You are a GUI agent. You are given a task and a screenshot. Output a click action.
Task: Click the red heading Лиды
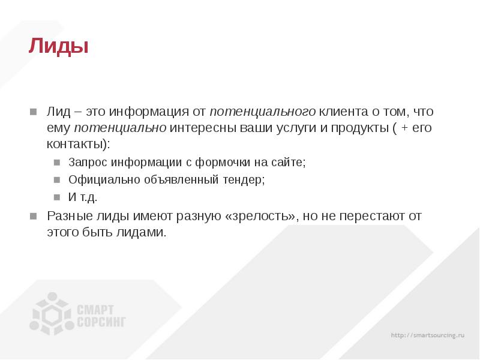pos(58,46)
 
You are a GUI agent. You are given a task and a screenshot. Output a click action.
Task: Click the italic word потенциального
pos(263,112)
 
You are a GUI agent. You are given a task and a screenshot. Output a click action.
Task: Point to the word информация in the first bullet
pos(154,112)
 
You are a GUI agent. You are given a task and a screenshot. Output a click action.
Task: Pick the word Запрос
pos(87,163)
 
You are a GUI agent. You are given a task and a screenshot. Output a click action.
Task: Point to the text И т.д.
pos(83,197)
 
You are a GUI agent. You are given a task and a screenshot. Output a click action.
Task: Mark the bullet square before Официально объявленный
pos(56,180)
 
